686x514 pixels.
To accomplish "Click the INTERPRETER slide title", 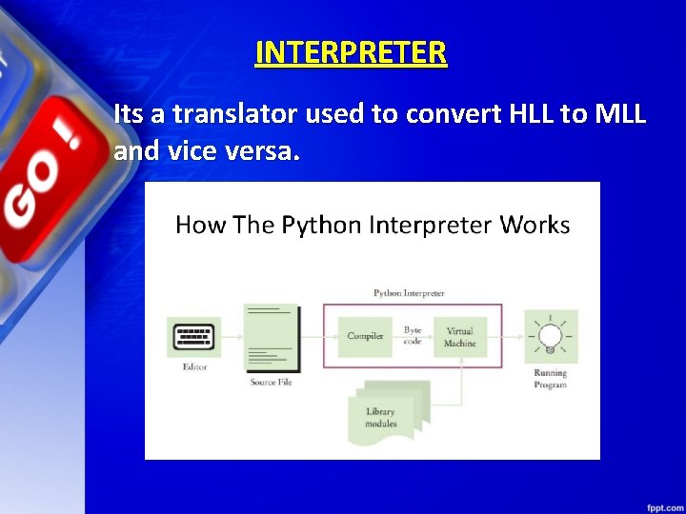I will [351, 52].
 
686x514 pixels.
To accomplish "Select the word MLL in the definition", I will [620, 115].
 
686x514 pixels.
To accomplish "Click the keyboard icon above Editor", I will [194, 337].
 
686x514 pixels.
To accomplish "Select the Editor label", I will [194, 367].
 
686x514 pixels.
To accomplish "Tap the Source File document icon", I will [271, 338].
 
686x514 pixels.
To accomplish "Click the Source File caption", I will [271, 383].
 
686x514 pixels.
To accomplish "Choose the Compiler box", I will [365, 336].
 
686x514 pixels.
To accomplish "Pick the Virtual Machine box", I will [459, 337].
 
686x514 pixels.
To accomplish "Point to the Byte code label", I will [413, 335].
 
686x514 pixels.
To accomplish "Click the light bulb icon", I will [551, 336].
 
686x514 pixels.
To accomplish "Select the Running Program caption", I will [551, 379].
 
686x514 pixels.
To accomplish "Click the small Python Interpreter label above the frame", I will [409, 293].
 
